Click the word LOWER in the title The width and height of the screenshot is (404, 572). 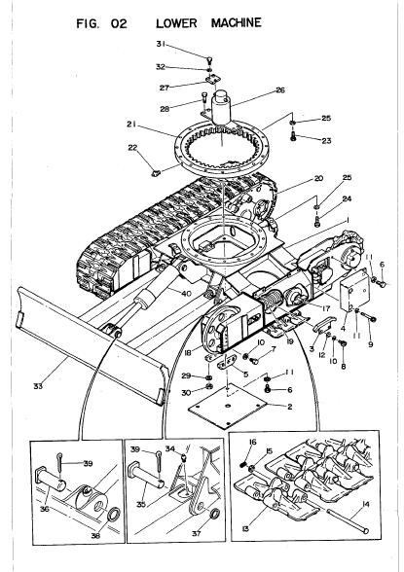[x=176, y=23]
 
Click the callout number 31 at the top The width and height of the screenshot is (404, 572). [x=161, y=44]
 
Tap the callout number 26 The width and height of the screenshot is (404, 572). [x=280, y=90]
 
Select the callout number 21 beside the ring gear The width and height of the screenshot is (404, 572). [x=131, y=125]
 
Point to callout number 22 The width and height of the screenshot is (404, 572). [x=132, y=148]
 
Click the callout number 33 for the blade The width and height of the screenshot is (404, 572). [x=38, y=386]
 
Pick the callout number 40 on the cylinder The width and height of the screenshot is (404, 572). [x=186, y=293]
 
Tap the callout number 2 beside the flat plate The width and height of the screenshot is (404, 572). [x=289, y=407]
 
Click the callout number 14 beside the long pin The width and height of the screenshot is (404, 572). [x=366, y=505]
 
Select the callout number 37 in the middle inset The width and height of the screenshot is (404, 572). [x=197, y=534]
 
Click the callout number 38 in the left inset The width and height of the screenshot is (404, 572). [x=95, y=535]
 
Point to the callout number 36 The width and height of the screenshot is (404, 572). [x=44, y=509]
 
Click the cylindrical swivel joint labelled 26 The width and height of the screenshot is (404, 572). [x=222, y=108]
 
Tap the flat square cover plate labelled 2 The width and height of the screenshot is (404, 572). [x=228, y=406]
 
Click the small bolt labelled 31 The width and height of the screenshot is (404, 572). [x=209, y=59]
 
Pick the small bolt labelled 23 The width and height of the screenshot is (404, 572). [x=293, y=137]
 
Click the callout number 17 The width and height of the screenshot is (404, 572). [x=326, y=308]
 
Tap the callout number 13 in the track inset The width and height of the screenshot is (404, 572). [x=245, y=528]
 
